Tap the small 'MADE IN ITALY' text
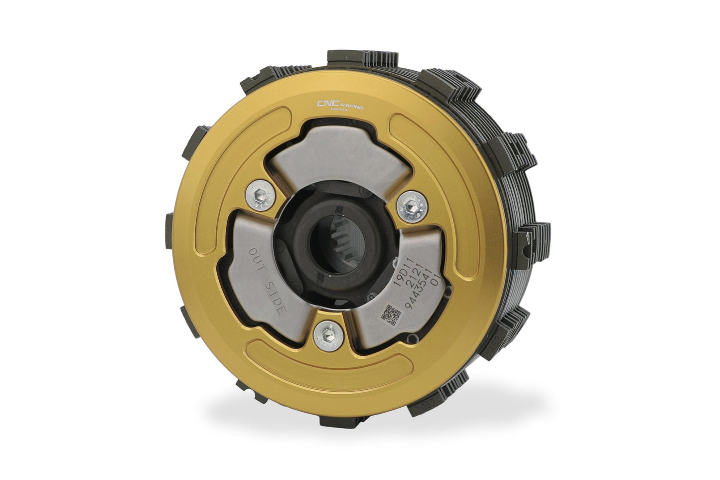(x=340, y=112)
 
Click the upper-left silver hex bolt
(x=260, y=195)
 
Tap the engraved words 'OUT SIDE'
(x=267, y=281)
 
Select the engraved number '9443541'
(x=421, y=291)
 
